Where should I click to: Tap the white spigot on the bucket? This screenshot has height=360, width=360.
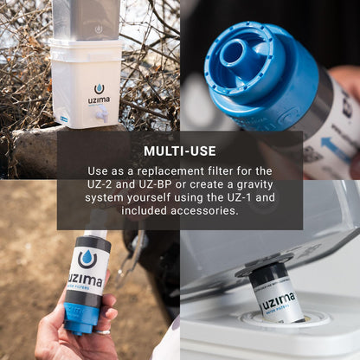pos(102,113)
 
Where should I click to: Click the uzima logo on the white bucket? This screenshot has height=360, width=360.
pos(98,93)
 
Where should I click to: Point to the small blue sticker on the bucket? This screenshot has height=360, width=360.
pos(63,117)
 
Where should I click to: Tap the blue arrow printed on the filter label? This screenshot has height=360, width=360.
pos(337,145)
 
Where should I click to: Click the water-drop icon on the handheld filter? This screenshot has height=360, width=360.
pos(87,258)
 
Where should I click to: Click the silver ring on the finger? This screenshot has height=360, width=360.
pos(105,330)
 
